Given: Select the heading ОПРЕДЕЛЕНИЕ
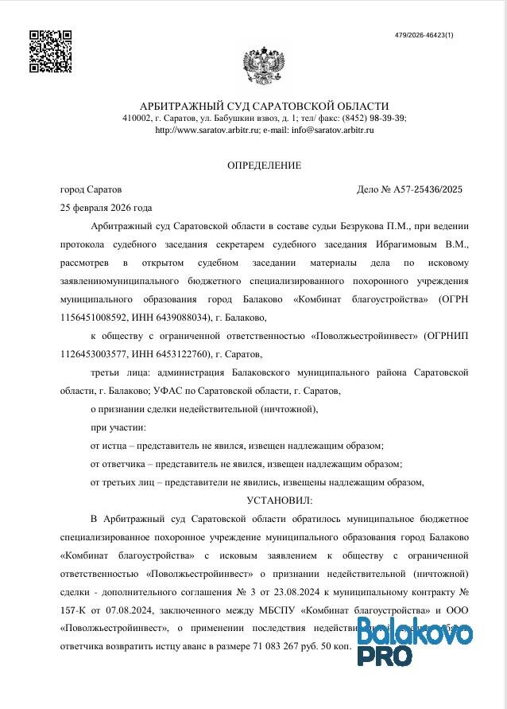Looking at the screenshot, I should pyautogui.click(x=264, y=166).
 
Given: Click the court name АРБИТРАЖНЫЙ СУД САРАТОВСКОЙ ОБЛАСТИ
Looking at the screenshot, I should pyautogui.click(x=264, y=106).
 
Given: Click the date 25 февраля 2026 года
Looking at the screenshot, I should pyautogui.click(x=106, y=208).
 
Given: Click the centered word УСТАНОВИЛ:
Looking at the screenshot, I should pyautogui.click(x=280, y=501).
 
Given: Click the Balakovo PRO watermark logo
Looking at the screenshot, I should pyautogui.click(x=413, y=643).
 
